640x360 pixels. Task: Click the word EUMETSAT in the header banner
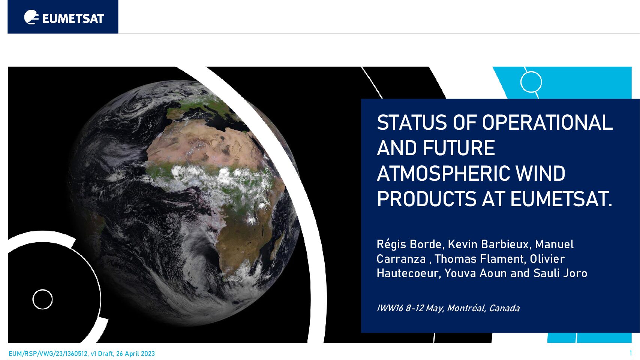pyautogui.click(x=73, y=19)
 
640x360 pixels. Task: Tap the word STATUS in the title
pyautogui.click(x=412, y=123)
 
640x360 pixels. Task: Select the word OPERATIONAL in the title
pyautogui.click(x=547, y=123)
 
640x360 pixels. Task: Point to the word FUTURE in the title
pyautogui.click(x=459, y=148)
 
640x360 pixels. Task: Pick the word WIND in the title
pyautogui.click(x=541, y=173)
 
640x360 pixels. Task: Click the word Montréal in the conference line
pyautogui.click(x=466, y=308)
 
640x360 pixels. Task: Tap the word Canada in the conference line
pyautogui.click(x=504, y=308)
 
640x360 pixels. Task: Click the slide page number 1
pyautogui.click(x=631, y=353)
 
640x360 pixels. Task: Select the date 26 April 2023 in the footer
pyautogui.click(x=135, y=354)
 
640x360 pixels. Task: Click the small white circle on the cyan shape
pyautogui.click(x=531, y=82)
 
